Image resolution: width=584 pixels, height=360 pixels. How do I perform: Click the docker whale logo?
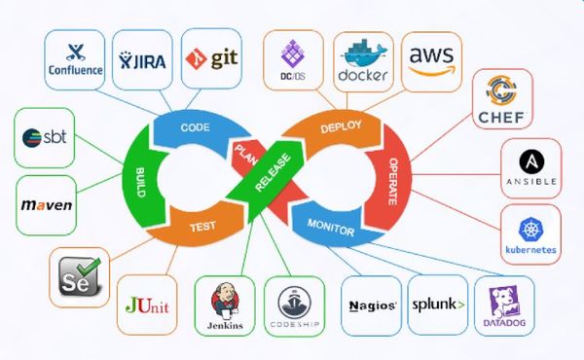click(x=362, y=60)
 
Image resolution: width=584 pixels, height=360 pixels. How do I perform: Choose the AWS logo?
click(x=431, y=60)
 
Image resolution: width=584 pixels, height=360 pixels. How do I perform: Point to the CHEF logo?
click(x=507, y=100)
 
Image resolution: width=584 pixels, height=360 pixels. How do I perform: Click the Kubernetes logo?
click(x=530, y=234)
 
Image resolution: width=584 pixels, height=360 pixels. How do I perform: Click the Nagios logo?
click(x=371, y=306)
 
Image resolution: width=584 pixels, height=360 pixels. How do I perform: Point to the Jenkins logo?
click(x=225, y=306)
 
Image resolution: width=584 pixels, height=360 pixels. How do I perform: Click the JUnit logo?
click(x=147, y=305)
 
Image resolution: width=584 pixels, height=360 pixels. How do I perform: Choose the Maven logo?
click(x=46, y=206)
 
